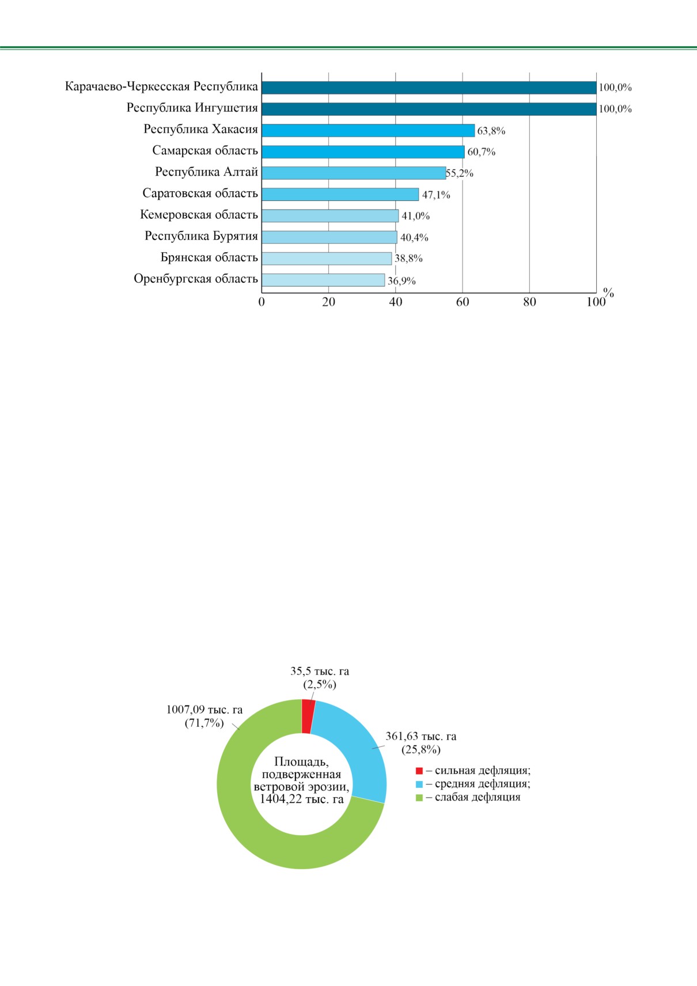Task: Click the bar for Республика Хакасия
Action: click(x=368, y=130)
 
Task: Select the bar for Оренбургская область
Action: click(x=323, y=280)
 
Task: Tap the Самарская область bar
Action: click(x=363, y=152)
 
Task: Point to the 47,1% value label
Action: click(x=436, y=195)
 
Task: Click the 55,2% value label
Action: click(x=460, y=173)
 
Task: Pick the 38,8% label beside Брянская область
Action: click(x=408, y=259)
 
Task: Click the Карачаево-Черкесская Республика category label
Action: click(x=162, y=87)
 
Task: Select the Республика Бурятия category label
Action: click(x=201, y=236)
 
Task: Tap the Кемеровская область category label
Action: click(x=199, y=215)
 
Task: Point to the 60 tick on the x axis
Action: click(x=463, y=302)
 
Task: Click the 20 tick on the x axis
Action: click(x=328, y=302)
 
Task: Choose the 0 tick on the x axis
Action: click(x=262, y=302)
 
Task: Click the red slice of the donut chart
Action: click(x=308, y=716)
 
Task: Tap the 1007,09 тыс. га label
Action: click(x=204, y=710)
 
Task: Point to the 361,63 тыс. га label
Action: click(x=421, y=737)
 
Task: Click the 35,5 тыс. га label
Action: click(x=320, y=672)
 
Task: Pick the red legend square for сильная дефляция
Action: click(x=419, y=771)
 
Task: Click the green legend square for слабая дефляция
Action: click(x=419, y=797)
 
